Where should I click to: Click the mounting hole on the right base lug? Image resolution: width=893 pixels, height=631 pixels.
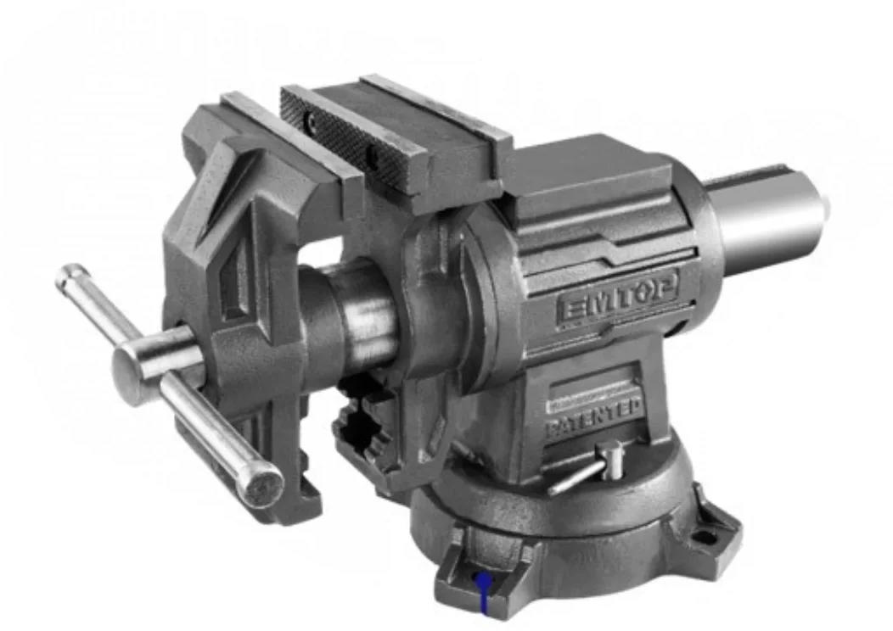(704, 536)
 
